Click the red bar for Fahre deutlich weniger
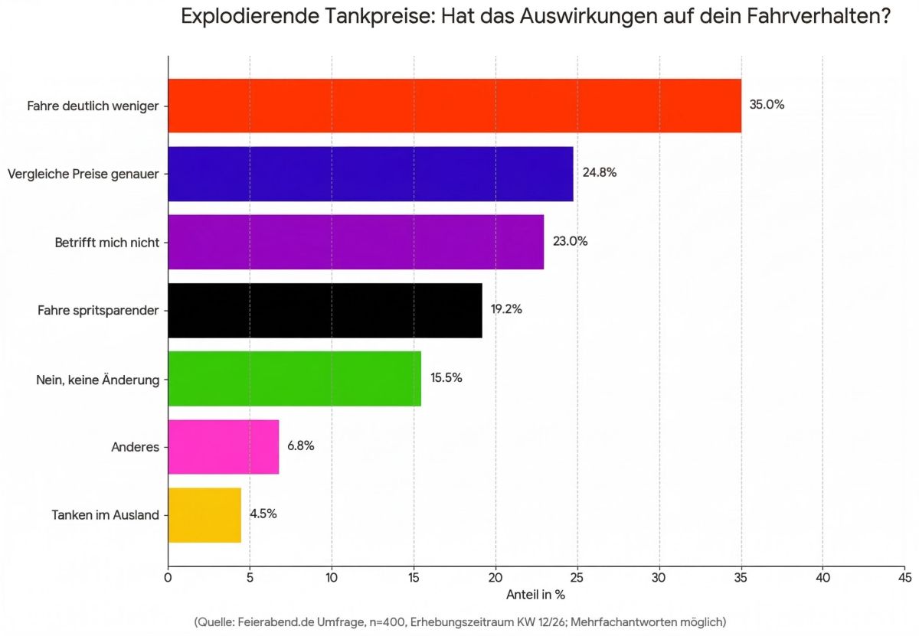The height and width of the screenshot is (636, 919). [454, 106]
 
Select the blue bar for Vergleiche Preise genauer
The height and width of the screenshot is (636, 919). [371, 174]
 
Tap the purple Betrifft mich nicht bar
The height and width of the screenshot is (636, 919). [355, 242]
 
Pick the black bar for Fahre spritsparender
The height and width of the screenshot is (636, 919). [325, 310]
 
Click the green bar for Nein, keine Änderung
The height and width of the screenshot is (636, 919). [294, 378]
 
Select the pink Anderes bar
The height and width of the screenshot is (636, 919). [223, 446]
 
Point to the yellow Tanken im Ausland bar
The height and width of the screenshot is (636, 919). [204, 514]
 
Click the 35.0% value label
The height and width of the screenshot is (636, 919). [767, 105]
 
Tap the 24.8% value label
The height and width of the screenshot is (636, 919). [599, 173]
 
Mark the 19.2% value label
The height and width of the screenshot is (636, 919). [506, 310]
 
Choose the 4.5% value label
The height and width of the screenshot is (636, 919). [263, 514]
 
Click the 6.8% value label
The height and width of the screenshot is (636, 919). [300, 445]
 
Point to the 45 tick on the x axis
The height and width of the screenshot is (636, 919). [904, 577]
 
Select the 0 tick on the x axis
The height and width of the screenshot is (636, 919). [168, 577]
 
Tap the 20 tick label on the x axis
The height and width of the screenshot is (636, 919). [495, 577]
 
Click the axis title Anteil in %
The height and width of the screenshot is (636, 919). [535, 594]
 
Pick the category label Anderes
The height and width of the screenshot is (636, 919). [135, 446]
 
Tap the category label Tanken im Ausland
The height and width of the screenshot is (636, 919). [105, 514]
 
